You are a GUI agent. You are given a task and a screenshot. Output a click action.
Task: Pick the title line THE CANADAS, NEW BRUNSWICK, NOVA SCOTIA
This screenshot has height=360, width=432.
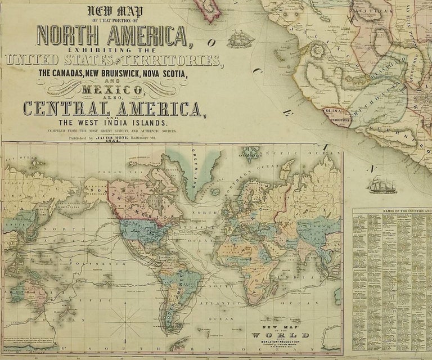tap(111, 73)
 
